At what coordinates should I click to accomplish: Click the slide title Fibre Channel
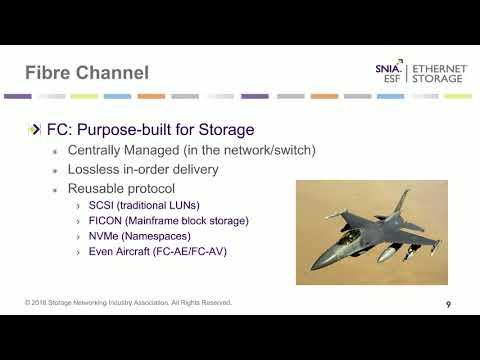[87, 73]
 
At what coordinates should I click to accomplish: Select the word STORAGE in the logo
[441, 80]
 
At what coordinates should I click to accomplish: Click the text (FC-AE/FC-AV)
[197, 251]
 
